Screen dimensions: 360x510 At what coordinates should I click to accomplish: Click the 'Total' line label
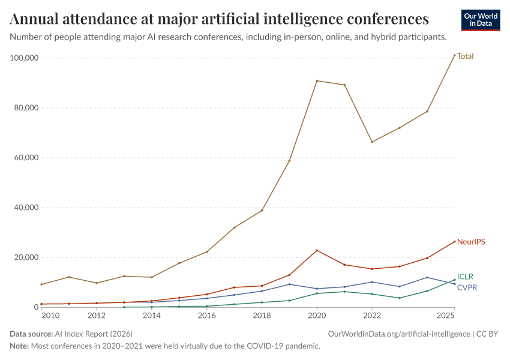point(465,56)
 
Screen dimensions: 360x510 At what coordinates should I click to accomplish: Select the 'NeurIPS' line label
point(470,242)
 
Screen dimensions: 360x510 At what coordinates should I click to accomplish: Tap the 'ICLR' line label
point(465,277)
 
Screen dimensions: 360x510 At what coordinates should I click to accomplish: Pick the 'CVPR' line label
point(467,288)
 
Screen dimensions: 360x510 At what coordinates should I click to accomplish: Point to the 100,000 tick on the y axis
point(25,58)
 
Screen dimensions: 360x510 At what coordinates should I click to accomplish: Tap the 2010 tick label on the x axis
point(50,316)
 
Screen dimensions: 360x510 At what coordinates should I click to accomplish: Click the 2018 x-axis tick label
point(262,316)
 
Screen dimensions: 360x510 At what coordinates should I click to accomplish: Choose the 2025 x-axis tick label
point(446,316)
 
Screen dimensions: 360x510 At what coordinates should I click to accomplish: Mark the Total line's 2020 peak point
point(317,80)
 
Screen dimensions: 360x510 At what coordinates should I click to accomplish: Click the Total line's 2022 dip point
point(372,142)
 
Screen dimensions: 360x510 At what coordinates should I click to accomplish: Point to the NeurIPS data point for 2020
point(317,250)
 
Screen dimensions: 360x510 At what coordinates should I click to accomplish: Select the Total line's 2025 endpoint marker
point(454,55)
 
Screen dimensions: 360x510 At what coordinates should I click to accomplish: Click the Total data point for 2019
point(289,161)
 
